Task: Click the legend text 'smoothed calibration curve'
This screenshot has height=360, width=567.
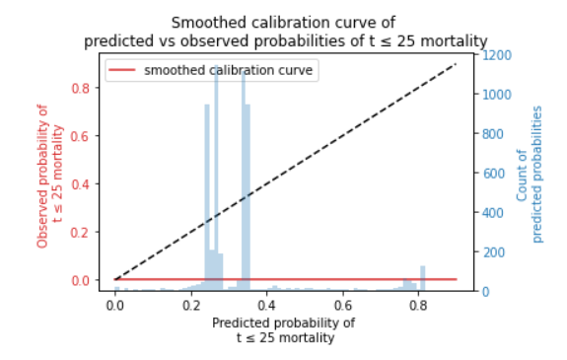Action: pyautogui.click(x=229, y=70)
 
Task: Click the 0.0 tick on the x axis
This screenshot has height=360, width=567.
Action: pyautogui.click(x=115, y=305)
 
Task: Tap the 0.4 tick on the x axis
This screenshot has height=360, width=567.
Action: pyautogui.click(x=267, y=305)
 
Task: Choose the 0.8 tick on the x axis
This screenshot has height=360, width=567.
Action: pyautogui.click(x=418, y=305)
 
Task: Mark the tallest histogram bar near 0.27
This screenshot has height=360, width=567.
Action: pyautogui.click(x=216, y=178)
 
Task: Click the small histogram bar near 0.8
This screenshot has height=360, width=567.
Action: pyautogui.click(x=422, y=278)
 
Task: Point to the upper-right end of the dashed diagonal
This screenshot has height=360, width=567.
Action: pyautogui.click(x=456, y=64)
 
